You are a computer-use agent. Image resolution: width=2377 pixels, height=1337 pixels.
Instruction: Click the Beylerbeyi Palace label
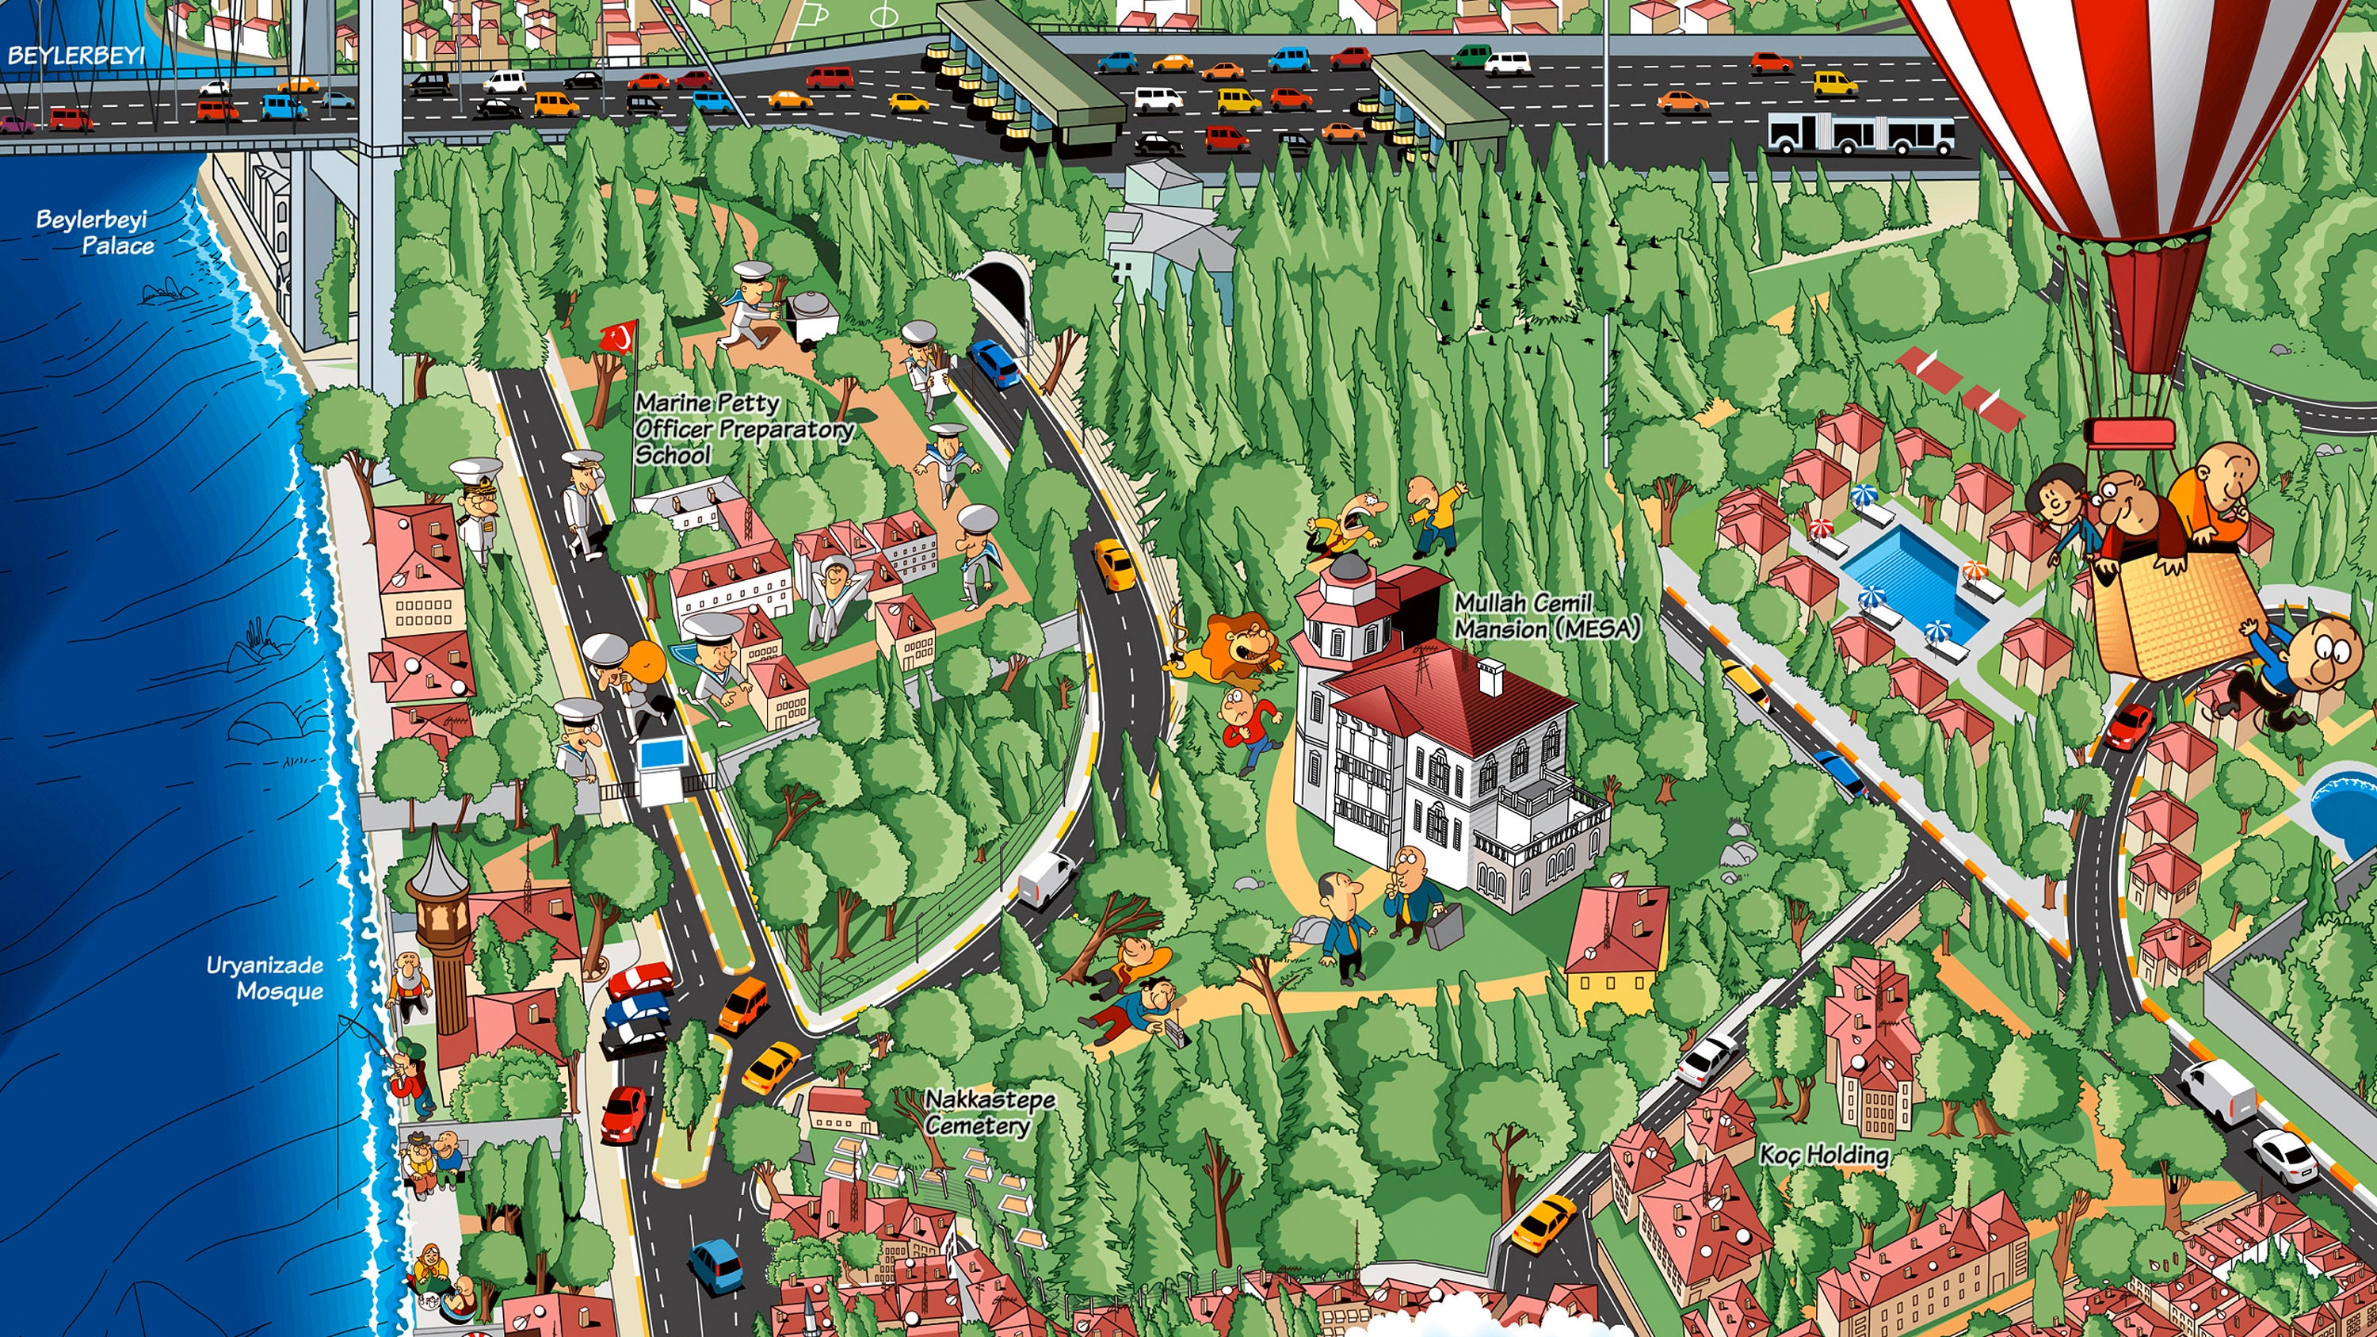tap(95, 232)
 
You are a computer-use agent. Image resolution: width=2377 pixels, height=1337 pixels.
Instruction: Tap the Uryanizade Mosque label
tap(265, 978)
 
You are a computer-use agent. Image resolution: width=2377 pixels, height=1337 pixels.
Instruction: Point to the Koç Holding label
tap(1824, 1154)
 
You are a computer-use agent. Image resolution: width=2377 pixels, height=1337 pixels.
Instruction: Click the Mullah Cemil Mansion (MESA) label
tap(1547, 617)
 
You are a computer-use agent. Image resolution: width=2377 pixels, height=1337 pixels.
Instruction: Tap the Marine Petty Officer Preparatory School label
tap(743, 428)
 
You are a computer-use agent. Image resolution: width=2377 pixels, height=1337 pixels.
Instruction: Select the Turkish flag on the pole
tap(618, 337)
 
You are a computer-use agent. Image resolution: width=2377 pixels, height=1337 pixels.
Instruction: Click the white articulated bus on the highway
tap(1860, 135)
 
